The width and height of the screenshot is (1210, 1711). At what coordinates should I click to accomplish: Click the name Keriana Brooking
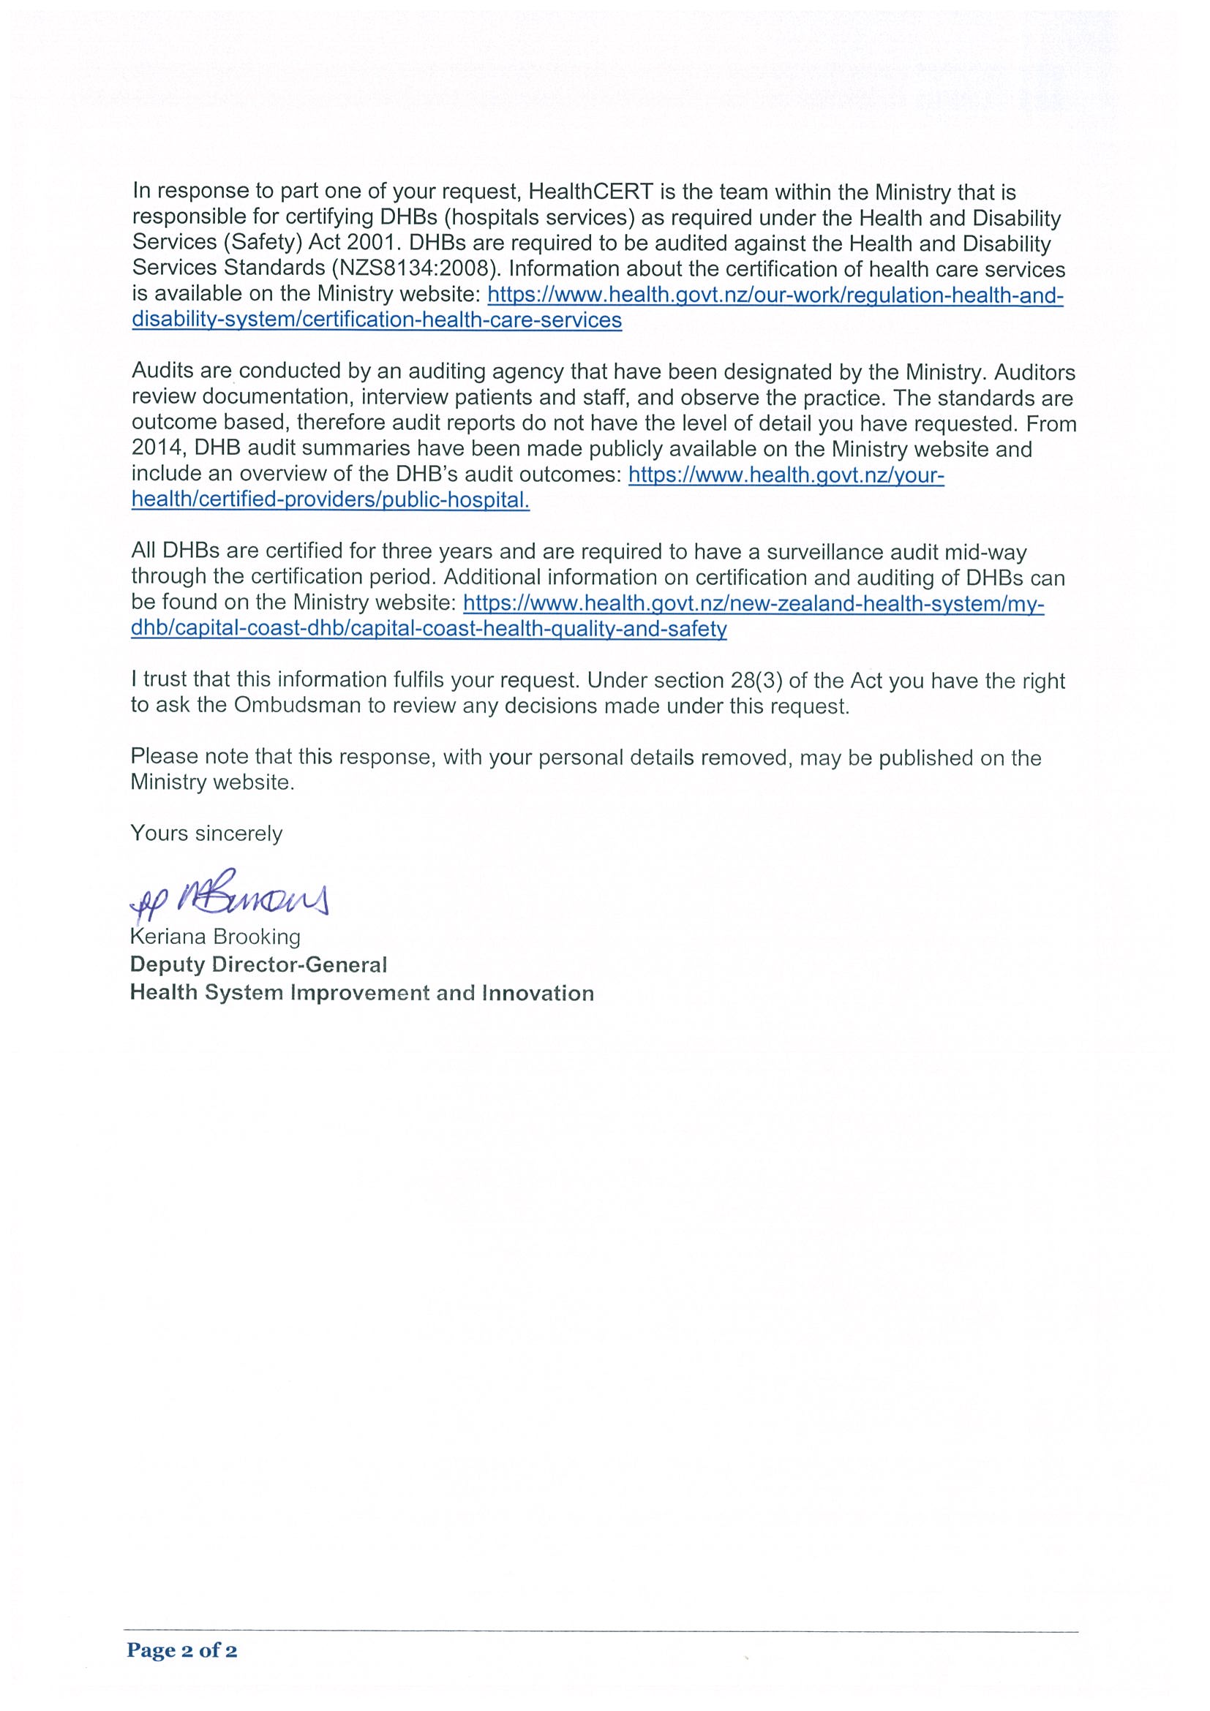coord(215,937)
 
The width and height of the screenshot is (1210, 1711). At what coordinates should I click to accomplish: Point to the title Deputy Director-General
coord(258,964)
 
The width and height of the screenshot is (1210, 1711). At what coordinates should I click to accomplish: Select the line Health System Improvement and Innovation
coord(361,993)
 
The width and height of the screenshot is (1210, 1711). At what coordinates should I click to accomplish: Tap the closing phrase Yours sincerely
coord(206,833)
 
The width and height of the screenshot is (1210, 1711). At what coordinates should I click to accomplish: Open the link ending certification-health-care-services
coord(377,320)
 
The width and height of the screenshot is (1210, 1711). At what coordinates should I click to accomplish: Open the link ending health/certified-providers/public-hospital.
coord(330,500)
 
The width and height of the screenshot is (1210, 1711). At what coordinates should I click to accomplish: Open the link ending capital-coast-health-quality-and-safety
coord(429,629)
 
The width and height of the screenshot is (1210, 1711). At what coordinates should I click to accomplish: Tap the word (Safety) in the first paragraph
coord(264,243)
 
